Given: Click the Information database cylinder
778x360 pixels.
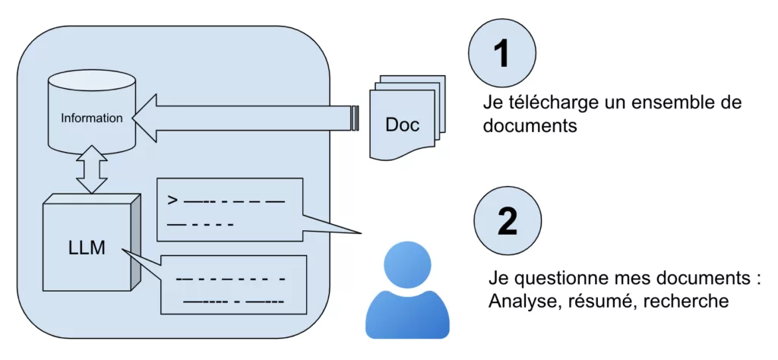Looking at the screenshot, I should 91,114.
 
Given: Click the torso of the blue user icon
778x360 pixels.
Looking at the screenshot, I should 407,315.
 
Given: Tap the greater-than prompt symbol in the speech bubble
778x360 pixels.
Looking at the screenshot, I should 173,201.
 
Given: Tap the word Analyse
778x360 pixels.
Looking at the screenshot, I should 519,302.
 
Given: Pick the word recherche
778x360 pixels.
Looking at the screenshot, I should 686,302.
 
